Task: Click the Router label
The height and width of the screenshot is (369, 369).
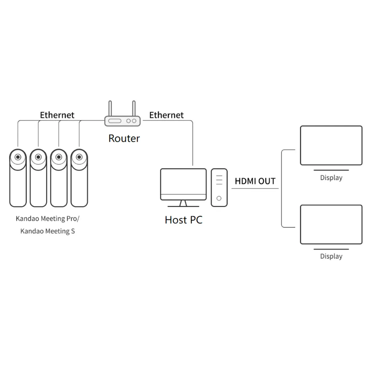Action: (x=124, y=138)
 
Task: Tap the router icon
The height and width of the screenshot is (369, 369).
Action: (x=122, y=121)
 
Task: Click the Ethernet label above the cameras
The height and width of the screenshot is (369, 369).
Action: (x=57, y=115)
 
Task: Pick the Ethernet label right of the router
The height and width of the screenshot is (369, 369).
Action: (x=166, y=115)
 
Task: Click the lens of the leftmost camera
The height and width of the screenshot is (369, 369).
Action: (x=18, y=157)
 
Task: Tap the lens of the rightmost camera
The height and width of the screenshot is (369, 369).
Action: (x=79, y=157)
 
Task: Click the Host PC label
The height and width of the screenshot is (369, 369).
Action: (x=184, y=220)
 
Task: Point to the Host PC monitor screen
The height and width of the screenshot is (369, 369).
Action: (x=183, y=181)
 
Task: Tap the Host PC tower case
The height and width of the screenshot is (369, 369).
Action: (x=219, y=187)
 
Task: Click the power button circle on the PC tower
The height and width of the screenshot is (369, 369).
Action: (x=219, y=198)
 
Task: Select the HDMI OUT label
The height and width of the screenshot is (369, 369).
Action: (x=255, y=181)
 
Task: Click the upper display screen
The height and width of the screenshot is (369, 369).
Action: (x=331, y=145)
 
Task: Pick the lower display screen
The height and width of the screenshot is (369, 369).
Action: (x=331, y=224)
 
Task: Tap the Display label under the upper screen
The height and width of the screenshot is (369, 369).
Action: (x=331, y=178)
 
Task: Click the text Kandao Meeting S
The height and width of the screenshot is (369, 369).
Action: (x=48, y=231)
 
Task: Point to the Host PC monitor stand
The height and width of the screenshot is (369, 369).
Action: (x=183, y=204)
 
